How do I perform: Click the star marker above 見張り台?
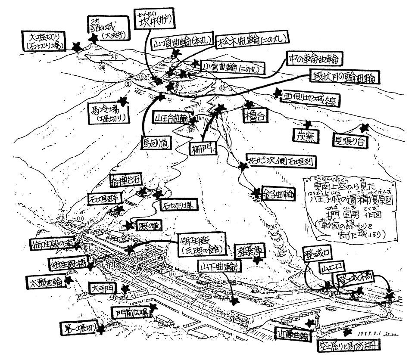365,128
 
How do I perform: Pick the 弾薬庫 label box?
249,251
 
